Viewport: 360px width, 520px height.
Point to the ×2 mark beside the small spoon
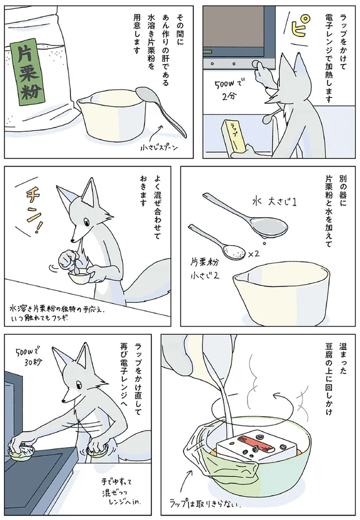[254, 254]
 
